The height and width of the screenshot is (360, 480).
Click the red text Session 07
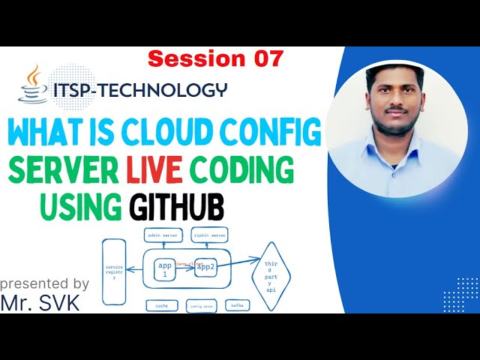click(x=215, y=58)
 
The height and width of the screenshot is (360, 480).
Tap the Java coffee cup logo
click(x=33, y=84)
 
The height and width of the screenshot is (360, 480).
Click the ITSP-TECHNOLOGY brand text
click(x=139, y=90)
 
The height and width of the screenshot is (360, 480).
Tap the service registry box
click(x=115, y=271)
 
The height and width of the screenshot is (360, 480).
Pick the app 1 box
click(x=166, y=268)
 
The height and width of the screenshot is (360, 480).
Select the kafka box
click(x=238, y=306)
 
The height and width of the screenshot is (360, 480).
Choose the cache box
click(x=161, y=306)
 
